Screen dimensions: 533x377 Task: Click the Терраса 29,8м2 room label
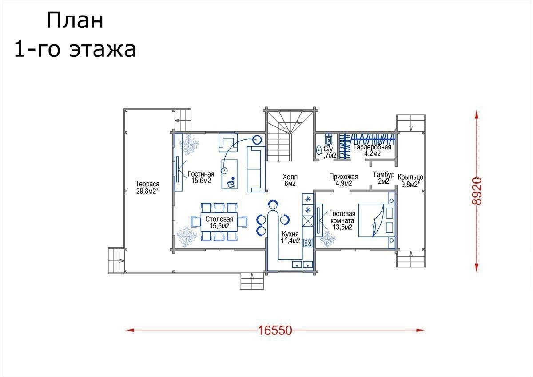point(147,188)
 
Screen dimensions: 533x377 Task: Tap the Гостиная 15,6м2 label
point(201,177)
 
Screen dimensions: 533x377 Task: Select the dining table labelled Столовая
point(219,222)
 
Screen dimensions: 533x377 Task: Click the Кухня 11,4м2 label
point(290,237)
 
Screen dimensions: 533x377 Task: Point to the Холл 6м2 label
point(290,180)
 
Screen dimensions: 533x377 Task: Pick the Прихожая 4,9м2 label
point(344,180)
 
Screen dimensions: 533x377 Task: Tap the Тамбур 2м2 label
point(384,178)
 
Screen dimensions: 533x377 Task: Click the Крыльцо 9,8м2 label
point(410,181)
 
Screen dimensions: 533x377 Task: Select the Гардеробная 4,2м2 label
point(372,150)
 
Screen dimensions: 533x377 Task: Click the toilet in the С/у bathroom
point(329,140)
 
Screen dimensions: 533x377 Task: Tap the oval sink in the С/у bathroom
point(318,150)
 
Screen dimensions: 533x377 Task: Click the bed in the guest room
point(377,220)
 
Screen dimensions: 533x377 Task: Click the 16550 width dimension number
point(275,330)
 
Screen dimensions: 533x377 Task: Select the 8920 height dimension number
point(477,191)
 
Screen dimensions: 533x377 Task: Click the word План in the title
point(75,21)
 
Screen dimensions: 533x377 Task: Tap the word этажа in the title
point(103,50)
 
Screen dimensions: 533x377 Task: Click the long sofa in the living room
point(256,169)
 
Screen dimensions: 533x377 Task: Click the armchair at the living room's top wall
point(228,142)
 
